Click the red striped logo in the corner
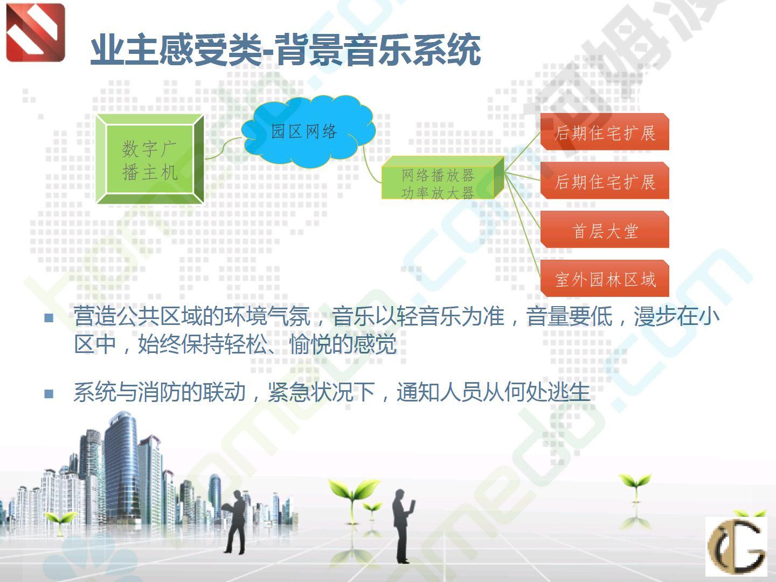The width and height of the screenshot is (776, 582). point(36,32)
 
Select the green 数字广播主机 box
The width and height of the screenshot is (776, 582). point(150,159)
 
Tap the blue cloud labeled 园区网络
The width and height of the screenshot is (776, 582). point(308,131)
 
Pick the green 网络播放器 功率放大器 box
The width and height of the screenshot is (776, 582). point(442,178)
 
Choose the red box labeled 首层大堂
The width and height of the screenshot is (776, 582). point(605,230)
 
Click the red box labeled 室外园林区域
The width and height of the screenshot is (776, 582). point(605,278)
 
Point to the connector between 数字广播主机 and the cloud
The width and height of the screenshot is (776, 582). point(223,149)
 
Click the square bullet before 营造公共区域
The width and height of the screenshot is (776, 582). point(49,318)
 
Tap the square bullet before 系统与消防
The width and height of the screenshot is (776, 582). point(49,393)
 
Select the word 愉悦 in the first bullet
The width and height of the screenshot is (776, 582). point(310,344)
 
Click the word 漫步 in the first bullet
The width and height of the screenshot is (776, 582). point(655,316)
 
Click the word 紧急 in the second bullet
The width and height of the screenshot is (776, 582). point(289,392)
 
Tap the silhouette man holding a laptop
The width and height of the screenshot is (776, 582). point(404,525)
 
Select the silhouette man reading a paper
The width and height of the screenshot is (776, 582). point(235,522)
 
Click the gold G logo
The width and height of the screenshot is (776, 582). point(736,546)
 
